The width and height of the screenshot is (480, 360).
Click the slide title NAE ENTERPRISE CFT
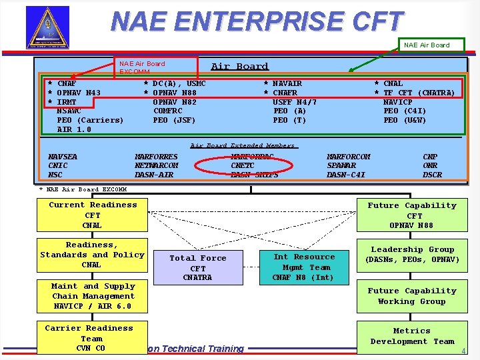257,21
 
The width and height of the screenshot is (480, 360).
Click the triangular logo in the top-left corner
47,27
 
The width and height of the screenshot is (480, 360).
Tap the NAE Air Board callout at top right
427,45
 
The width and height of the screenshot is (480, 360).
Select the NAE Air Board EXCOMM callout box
157,67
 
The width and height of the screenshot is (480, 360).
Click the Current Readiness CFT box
93,215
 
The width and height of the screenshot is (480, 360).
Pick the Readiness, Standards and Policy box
93,255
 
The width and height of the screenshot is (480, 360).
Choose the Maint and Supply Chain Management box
93,296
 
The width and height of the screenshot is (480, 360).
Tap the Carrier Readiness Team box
89,338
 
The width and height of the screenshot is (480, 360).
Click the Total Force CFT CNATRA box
197,267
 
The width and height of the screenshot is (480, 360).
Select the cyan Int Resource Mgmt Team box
304,267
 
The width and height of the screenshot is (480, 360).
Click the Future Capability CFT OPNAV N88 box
412,215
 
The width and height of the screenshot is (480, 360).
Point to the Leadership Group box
412,255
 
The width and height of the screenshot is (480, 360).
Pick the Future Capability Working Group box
412,296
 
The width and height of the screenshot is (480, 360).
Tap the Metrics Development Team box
412,336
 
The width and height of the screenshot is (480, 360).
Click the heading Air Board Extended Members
243,145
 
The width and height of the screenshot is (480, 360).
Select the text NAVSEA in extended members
63,157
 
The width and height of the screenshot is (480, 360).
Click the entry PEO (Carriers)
90,120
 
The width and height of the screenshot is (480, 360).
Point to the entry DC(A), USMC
179,83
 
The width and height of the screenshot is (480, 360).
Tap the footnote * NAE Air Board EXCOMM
83,189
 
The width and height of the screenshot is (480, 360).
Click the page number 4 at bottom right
462,351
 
